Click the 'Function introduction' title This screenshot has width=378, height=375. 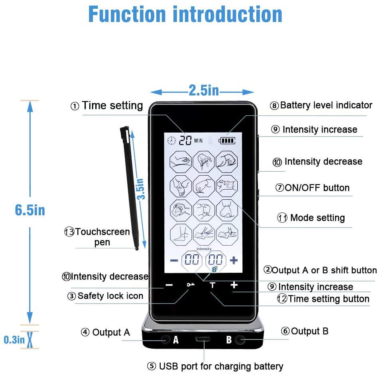click(185, 15)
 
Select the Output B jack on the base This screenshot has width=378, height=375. click(240, 340)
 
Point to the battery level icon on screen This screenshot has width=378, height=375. click(227, 141)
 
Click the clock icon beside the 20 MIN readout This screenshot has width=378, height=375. click(172, 141)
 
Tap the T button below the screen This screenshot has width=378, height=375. click(212, 285)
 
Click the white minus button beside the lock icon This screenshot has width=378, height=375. click(169, 285)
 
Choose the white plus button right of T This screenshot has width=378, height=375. click(234, 285)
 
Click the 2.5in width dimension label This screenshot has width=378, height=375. click(204, 91)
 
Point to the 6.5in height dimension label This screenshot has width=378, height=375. click(30, 210)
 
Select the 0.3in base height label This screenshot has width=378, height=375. click(14, 340)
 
